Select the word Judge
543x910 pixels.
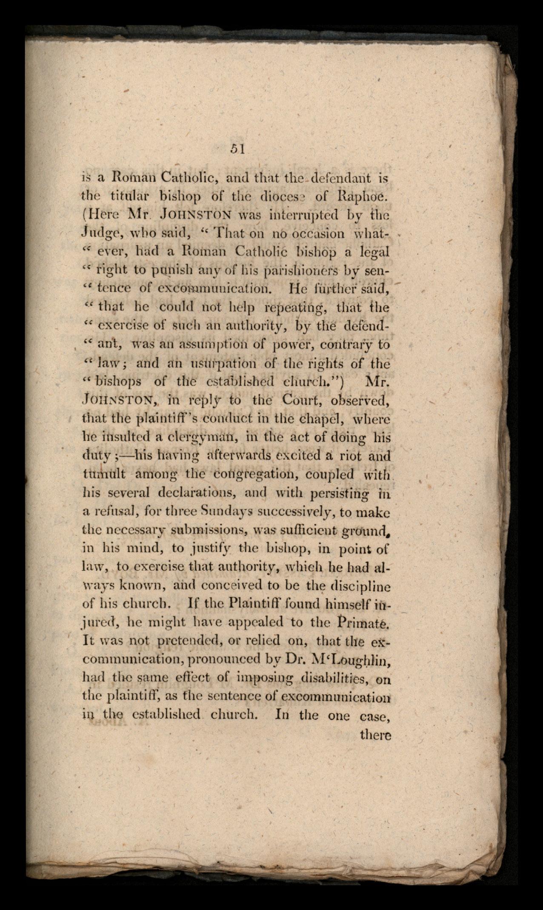point(98,233)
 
